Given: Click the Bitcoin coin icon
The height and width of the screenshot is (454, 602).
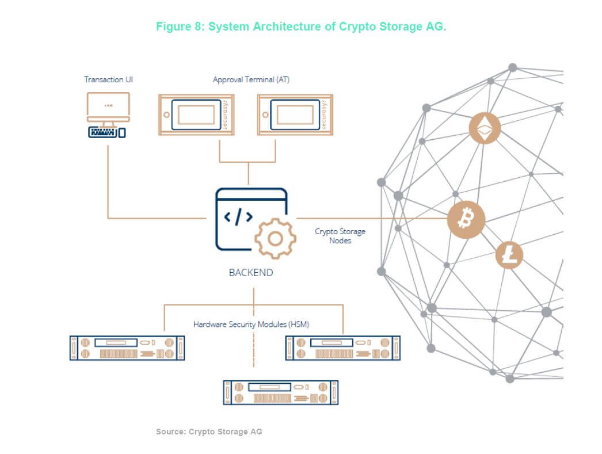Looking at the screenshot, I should pyautogui.click(x=466, y=219).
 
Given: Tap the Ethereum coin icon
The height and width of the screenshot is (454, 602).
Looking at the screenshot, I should pyautogui.click(x=485, y=129).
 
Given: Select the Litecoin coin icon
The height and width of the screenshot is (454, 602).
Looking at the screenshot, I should pyautogui.click(x=509, y=255).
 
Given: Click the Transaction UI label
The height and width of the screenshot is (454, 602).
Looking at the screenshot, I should pyautogui.click(x=109, y=79).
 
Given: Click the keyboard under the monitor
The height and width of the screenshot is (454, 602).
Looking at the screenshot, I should pyautogui.click(x=104, y=133).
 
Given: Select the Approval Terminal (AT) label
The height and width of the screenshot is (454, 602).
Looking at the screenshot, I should pyautogui.click(x=251, y=79).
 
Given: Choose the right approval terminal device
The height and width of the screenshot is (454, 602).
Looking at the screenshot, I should pyautogui.click(x=294, y=115).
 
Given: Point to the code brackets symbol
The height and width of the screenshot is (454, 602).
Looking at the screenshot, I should pyautogui.click(x=238, y=217).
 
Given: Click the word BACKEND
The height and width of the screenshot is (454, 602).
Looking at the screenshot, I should pyautogui.click(x=251, y=273).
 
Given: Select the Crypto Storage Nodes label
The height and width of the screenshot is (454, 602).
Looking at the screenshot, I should pyautogui.click(x=340, y=236).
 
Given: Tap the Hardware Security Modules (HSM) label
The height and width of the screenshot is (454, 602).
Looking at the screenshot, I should pyautogui.click(x=251, y=325).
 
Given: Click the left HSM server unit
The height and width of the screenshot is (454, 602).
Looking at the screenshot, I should pyautogui.click(x=127, y=348).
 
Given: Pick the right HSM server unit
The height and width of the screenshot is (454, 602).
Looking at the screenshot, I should pyautogui.click(x=343, y=348).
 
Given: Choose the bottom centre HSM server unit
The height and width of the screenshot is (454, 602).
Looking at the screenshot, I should pyautogui.click(x=280, y=392).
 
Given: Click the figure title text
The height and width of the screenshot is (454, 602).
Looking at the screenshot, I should pyautogui.click(x=301, y=27).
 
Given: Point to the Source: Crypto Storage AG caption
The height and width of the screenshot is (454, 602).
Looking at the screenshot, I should pyautogui.click(x=209, y=432).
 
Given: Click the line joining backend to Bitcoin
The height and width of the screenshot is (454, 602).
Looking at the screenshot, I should pyautogui.click(x=368, y=219).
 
